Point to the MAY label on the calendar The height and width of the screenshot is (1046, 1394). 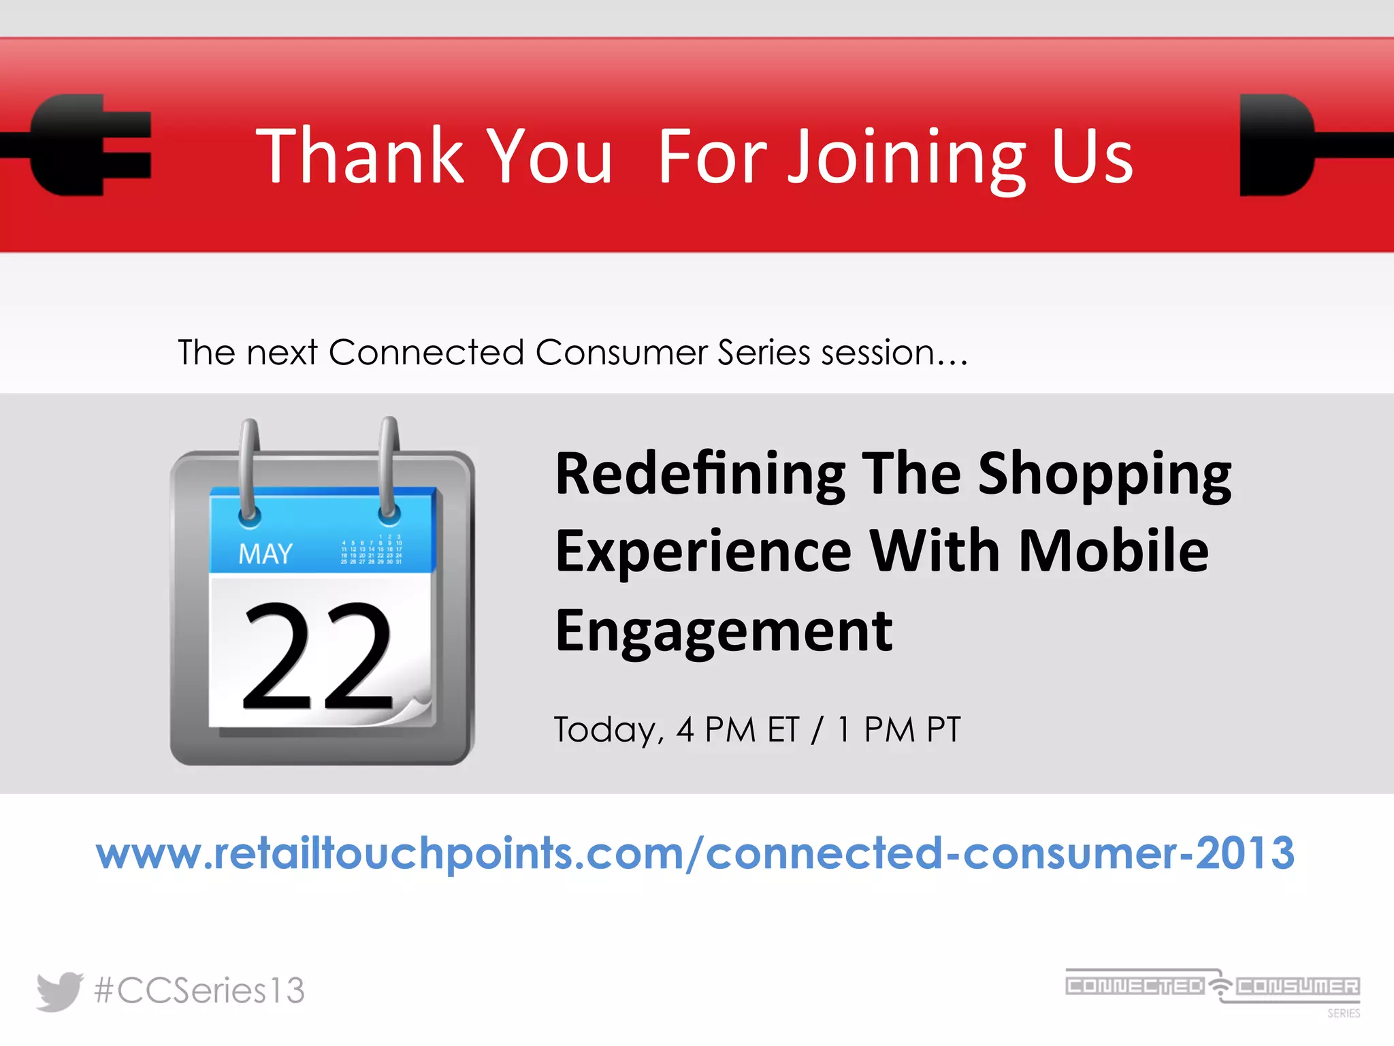[x=265, y=554]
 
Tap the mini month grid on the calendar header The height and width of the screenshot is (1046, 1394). [x=371, y=550]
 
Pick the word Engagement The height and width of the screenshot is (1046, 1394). [x=724, y=631]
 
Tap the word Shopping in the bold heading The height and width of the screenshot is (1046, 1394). [x=1104, y=475]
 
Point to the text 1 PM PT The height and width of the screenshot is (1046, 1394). [x=898, y=730]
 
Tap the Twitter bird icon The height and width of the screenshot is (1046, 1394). [x=59, y=991]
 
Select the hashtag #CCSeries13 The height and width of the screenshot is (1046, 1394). [x=199, y=991]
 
